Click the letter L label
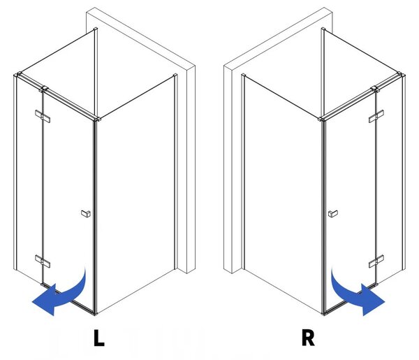click(99, 338)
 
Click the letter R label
click(308, 338)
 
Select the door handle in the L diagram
click(86, 213)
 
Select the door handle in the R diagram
click(332, 213)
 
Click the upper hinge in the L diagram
click(43, 116)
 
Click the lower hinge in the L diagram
click(43, 261)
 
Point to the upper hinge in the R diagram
click(376, 116)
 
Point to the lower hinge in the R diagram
click(376, 261)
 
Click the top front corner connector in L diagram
click(97, 119)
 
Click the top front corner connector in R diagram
click(322, 119)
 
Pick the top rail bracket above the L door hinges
click(43, 89)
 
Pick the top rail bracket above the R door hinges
click(376, 89)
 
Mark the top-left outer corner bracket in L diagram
click(18, 74)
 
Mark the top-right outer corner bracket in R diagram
click(401, 74)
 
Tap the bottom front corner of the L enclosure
click(96, 313)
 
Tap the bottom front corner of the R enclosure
click(323, 313)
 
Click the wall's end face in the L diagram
click(191, 169)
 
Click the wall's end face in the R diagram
click(228, 169)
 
